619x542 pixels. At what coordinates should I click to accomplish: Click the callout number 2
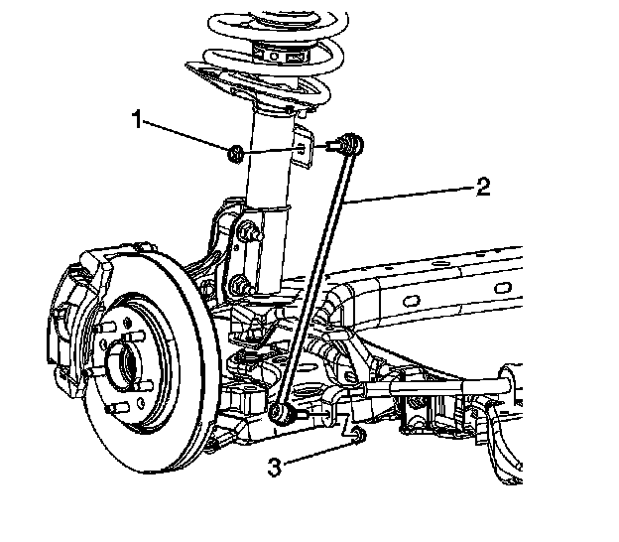(x=482, y=186)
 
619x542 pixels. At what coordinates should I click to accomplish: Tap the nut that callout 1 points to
(x=236, y=153)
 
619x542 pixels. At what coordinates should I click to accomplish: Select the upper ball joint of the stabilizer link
(x=347, y=145)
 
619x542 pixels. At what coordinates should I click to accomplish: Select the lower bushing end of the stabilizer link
(x=281, y=410)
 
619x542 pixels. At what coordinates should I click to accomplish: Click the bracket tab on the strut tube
(x=305, y=149)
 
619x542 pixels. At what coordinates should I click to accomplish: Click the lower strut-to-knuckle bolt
(x=240, y=287)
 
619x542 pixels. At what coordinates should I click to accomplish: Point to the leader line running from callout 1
(x=188, y=137)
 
